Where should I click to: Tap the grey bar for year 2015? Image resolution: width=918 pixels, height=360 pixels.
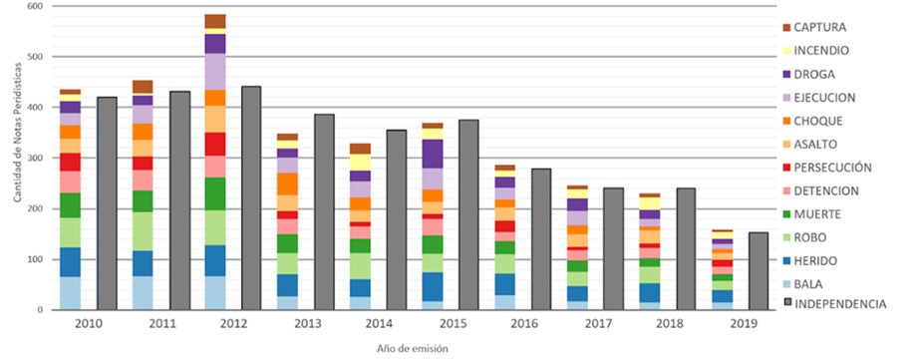click(x=469, y=214)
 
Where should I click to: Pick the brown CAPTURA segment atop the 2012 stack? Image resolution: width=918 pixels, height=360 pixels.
click(x=214, y=21)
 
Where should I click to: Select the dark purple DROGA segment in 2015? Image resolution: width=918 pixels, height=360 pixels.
click(x=432, y=154)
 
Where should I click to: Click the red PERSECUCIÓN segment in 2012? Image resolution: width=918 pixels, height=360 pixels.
click(x=214, y=144)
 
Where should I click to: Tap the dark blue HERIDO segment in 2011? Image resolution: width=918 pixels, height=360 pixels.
click(x=143, y=263)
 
